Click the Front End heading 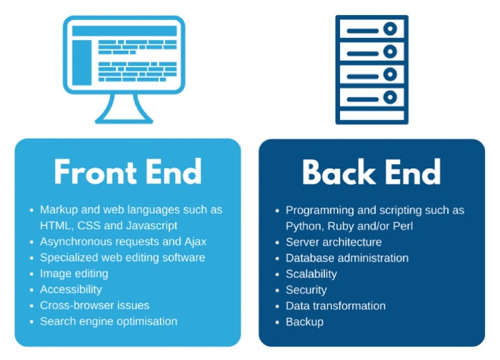[128, 172]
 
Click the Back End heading [371, 172]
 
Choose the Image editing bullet [74, 273]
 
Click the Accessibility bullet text [71, 289]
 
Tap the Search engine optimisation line [109, 321]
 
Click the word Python [304, 226]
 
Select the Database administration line [347, 258]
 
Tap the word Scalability [311, 274]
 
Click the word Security [306, 289]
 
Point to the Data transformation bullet [336, 306]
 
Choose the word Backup [305, 321]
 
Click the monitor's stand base [124, 119]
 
